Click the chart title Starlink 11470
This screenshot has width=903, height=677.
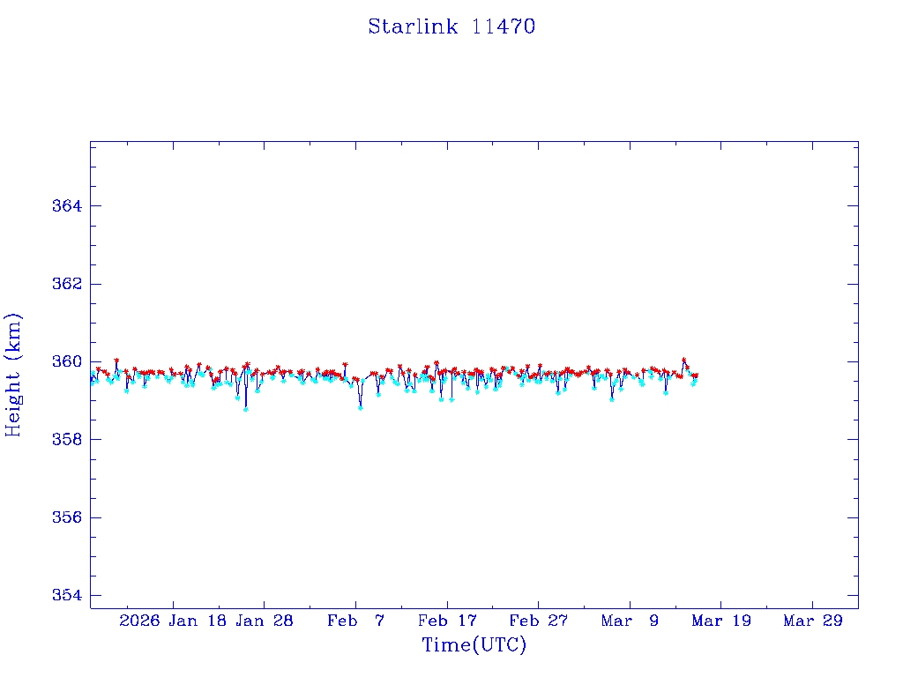click(451, 26)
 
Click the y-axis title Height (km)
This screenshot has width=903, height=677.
click(14, 375)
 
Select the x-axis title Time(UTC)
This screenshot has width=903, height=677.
click(474, 645)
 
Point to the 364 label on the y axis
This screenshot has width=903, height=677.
click(66, 206)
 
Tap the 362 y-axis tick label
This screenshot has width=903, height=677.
click(66, 284)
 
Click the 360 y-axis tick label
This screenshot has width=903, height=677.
click(66, 361)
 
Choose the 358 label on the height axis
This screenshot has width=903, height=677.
click(66, 439)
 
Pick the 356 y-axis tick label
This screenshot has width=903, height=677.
click(66, 517)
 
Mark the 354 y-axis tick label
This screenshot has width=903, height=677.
click(66, 595)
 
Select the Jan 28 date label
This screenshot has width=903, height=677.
click(265, 621)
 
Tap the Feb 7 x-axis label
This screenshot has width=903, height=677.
click(355, 621)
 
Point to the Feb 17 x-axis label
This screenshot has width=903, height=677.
click(447, 621)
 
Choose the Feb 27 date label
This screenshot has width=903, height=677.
click(539, 621)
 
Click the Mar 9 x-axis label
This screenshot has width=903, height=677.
click(630, 621)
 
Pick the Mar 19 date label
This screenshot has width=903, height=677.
click(721, 621)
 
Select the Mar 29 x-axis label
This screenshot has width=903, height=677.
click(813, 621)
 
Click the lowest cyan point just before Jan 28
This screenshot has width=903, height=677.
click(245, 409)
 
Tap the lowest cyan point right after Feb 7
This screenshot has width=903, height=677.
click(360, 408)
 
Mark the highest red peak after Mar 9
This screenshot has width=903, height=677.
click(683, 360)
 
